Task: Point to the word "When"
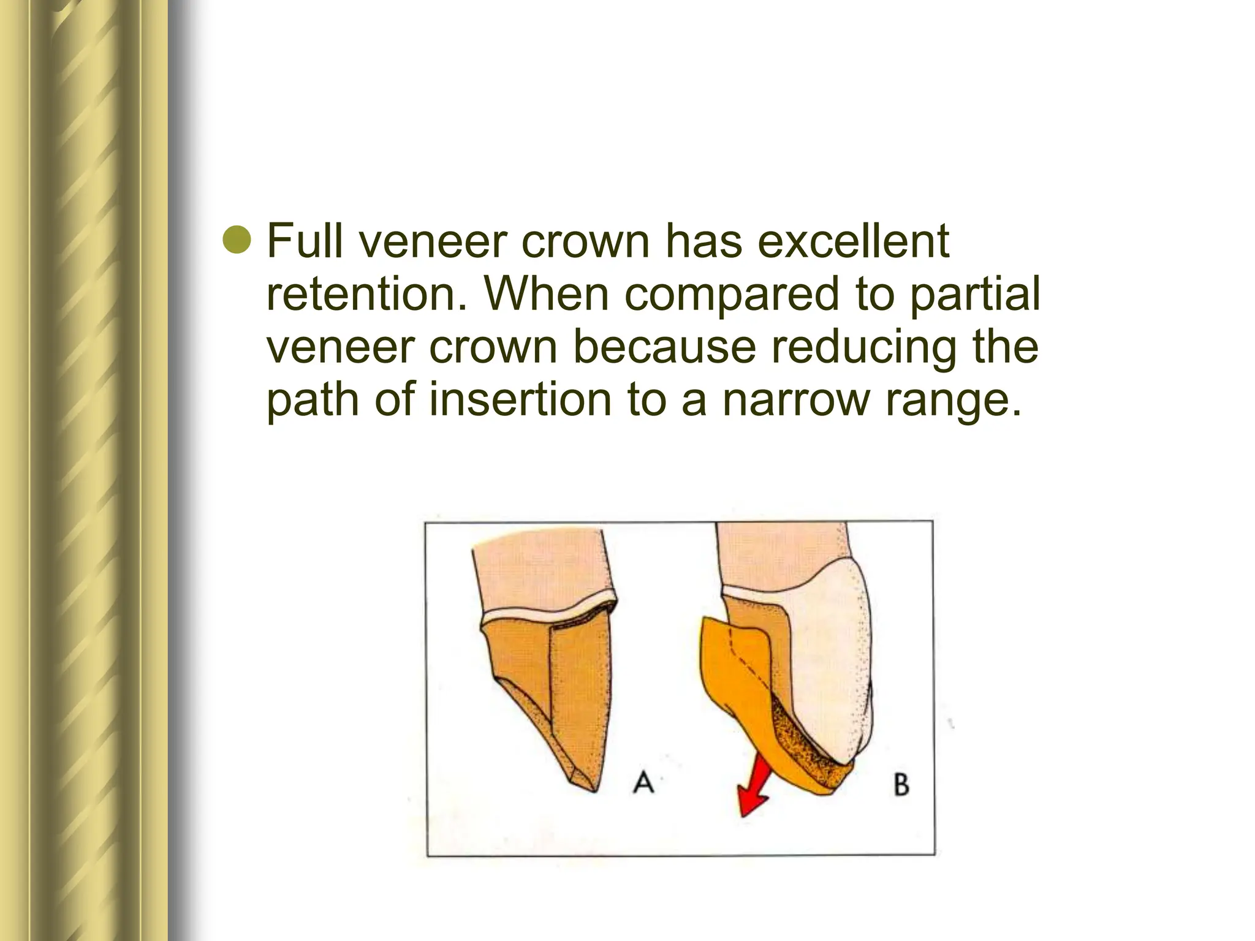pos(546,294)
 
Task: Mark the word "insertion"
pos(520,399)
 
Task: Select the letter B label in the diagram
pos(901,785)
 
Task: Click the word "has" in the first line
pos(703,241)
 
